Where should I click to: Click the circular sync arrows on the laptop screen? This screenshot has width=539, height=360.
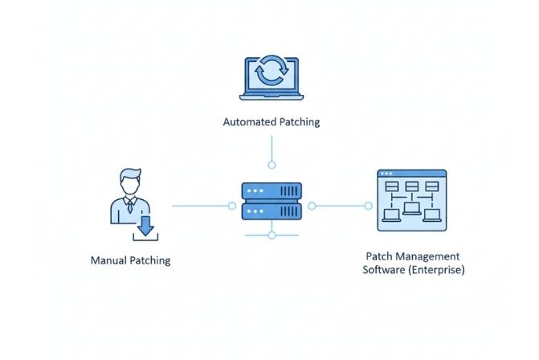pos(272,72)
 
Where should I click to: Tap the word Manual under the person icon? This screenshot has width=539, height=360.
pos(108,261)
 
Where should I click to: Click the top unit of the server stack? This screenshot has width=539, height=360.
pos(272,191)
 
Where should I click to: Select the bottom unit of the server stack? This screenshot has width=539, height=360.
pos(272,211)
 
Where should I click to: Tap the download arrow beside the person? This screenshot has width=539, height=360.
pos(145,226)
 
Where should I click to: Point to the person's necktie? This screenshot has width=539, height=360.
pos(129,207)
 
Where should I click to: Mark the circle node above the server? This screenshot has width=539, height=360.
pos(272,165)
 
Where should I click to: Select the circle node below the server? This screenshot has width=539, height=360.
pos(272,235)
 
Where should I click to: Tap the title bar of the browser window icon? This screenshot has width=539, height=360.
pos(411,174)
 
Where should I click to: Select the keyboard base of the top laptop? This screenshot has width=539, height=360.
pos(272,97)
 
